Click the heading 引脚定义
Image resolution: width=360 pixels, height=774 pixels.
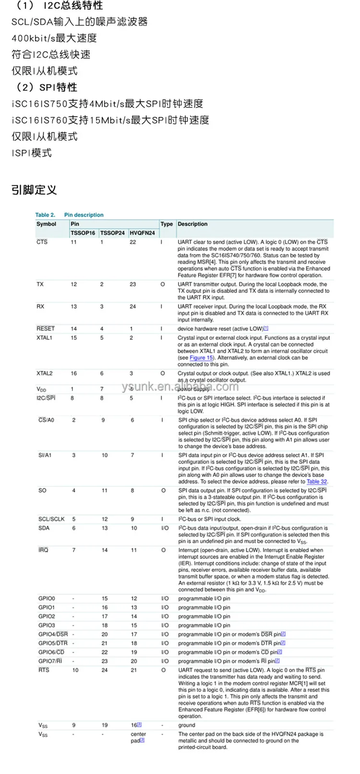(34, 190)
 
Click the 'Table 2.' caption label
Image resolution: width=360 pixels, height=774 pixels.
(45, 215)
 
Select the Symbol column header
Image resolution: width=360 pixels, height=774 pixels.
(47, 224)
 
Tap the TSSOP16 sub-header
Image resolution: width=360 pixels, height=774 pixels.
(83, 233)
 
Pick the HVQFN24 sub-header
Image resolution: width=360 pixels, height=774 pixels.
(143, 233)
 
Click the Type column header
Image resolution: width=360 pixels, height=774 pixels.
(167, 224)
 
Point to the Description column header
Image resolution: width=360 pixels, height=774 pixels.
(192, 224)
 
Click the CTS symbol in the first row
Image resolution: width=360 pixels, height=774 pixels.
(42, 242)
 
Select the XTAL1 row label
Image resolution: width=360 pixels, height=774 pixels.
(44, 338)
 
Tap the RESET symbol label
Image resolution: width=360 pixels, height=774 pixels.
(46, 329)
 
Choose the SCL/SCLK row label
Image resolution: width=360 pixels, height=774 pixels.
(51, 520)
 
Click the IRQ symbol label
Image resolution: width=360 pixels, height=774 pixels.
(43, 550)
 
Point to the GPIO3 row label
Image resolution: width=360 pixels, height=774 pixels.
(47, 626)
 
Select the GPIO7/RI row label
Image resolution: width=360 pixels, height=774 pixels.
(50, 661)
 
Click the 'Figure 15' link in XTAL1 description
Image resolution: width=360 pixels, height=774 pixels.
(201, 358)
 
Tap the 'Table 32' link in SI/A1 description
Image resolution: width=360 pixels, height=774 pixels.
(317, 482)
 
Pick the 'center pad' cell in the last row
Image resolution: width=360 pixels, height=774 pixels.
(138, 738)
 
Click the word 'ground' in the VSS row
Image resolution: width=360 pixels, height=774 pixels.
(187, 726)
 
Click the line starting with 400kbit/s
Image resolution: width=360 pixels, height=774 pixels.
(54, 38)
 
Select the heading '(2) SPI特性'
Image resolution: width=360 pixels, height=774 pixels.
(44, 87)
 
